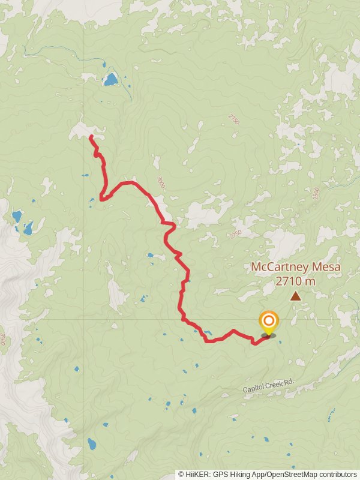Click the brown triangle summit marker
point(295,295)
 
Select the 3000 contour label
point(160,182)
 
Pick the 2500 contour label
point(314,194)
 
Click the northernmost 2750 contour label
point(233,119)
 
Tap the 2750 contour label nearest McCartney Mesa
point(235,232)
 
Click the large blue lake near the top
point(110,79)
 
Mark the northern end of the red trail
point(91,137)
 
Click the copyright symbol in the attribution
point(181,474)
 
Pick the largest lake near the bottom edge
point(92,444)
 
